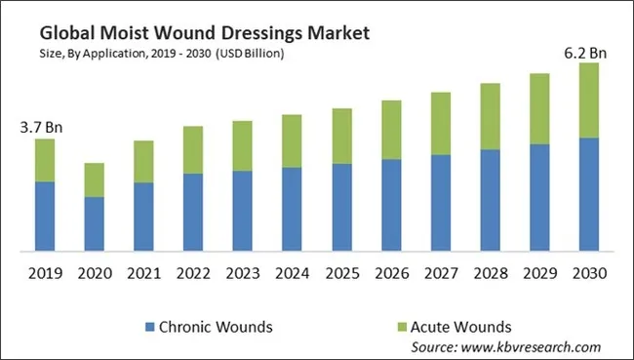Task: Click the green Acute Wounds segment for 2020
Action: (94, 180)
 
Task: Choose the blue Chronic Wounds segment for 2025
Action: (342, 208)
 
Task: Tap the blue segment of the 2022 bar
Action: (193, 213)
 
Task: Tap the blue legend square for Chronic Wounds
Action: (149, 326)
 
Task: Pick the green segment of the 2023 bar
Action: (243, 146)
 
